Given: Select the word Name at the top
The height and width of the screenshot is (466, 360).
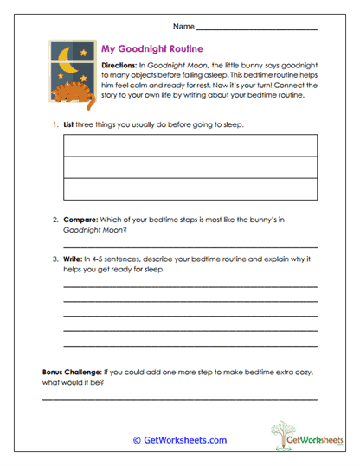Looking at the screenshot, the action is [183, 27].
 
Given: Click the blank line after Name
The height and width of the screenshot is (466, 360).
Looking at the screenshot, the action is [257, 29].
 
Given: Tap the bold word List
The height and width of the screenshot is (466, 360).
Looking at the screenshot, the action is [71, 125].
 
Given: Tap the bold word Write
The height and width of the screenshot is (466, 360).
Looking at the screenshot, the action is [74, 259].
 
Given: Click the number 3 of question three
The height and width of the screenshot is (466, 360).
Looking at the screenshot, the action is [55, 259].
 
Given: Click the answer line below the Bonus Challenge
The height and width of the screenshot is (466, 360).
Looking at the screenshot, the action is [179, 399].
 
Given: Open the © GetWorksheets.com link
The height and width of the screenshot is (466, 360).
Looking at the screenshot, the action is [179, 440].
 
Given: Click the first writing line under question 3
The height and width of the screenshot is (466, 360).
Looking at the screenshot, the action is [190, 286].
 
